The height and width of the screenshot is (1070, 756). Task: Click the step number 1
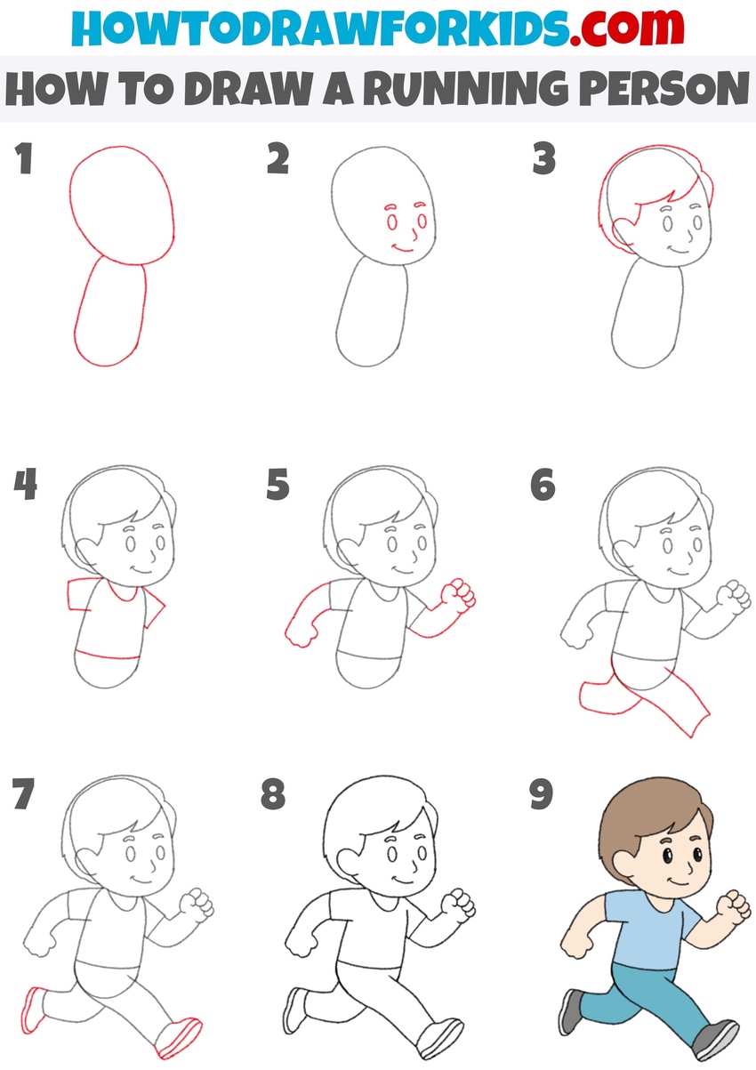24,160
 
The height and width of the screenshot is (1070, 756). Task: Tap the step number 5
278,486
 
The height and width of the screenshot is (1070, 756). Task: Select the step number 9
542,794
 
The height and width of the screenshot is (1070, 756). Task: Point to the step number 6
542,486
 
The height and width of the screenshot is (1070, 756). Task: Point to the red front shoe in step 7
180,1036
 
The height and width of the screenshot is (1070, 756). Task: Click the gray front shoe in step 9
716,1039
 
